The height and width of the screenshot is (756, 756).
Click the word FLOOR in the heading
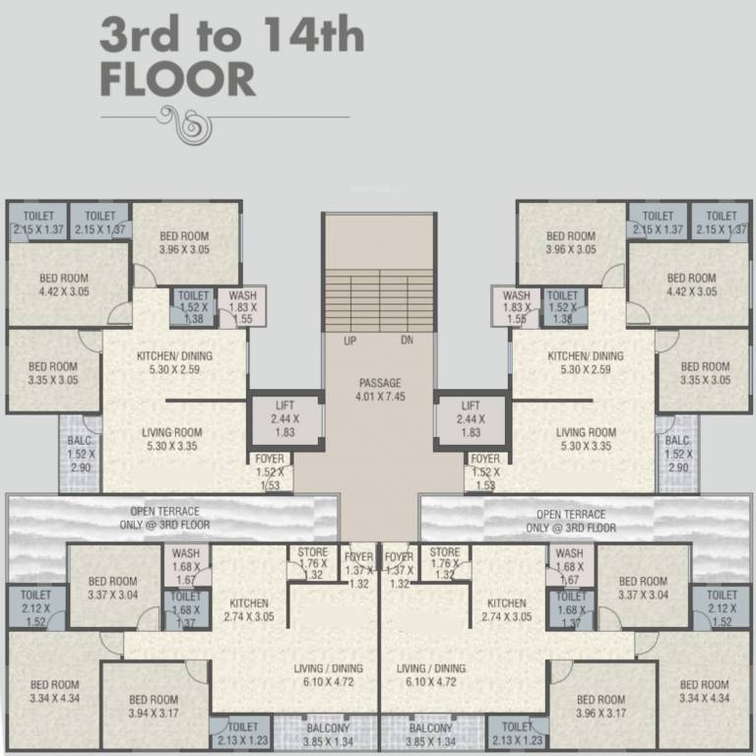tap(177, 79)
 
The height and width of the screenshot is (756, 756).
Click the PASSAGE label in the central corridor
tap(379, 383)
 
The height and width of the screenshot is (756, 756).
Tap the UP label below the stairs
tap(349, 342)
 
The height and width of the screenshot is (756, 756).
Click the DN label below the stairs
tap(408, 342)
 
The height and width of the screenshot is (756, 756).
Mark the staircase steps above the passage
tap(379, 299)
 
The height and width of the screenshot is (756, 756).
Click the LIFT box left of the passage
tap(285, 418)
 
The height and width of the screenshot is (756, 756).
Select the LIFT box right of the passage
tap(471, 418)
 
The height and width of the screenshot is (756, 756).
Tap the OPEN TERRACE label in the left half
tap(164, 518)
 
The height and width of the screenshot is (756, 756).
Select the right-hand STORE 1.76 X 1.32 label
tap(444, 563)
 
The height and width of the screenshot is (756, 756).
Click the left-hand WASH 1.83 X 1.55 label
tap(241, 306)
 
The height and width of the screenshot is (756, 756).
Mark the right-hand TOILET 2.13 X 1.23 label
tap(517, 734)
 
